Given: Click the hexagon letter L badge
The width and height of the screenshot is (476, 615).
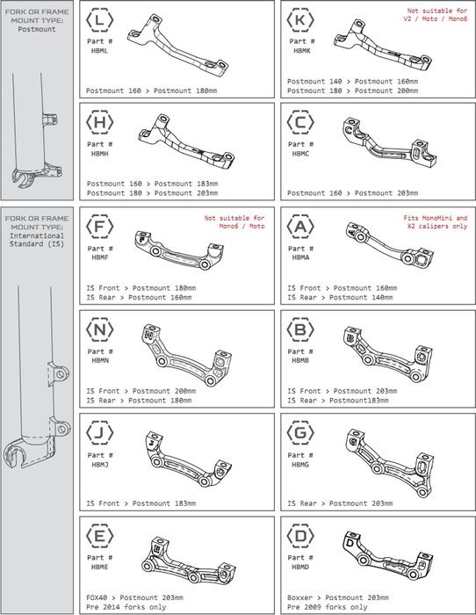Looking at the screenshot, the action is coord(99,19).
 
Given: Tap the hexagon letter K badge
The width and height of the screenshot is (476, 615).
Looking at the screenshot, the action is coord(300,19).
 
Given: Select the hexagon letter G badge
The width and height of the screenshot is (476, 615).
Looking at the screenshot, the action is coord(300,432).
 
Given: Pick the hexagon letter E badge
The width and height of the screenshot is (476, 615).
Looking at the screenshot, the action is coord(99,535).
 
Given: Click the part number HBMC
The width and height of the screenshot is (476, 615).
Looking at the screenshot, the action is coord(300,154).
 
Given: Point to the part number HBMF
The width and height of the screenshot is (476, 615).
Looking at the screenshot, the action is coord(100,257).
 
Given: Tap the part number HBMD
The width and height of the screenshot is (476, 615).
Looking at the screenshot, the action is coord(300,567).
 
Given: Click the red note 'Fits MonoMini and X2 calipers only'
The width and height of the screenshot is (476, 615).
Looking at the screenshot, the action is coord(436,222).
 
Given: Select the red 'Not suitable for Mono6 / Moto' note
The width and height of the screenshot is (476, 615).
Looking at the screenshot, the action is coord(234,222).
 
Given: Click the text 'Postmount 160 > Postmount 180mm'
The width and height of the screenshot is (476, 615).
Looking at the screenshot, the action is coord(151,90).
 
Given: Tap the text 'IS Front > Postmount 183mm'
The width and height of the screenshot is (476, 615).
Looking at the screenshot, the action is coord(141,503).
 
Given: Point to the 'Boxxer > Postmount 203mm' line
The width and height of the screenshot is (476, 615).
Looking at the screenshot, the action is coord(338,597).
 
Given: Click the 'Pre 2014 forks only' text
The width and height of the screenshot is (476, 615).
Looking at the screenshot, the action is coord(126,607).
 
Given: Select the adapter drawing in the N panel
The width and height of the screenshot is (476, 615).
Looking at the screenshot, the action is coord(186,355).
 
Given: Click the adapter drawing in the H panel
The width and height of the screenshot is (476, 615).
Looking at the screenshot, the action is coord(187,142).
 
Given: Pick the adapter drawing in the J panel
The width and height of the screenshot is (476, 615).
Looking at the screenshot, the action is coord(185,459).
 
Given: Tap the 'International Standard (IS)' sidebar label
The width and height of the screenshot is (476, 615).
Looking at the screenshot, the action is coord(37,240).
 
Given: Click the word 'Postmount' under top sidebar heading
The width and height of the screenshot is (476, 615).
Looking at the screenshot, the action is coord(37,29).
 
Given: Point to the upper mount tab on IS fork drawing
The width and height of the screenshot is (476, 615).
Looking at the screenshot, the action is coord(59,373).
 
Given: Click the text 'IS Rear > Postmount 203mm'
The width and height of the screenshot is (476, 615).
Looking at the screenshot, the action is coord(340,503).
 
